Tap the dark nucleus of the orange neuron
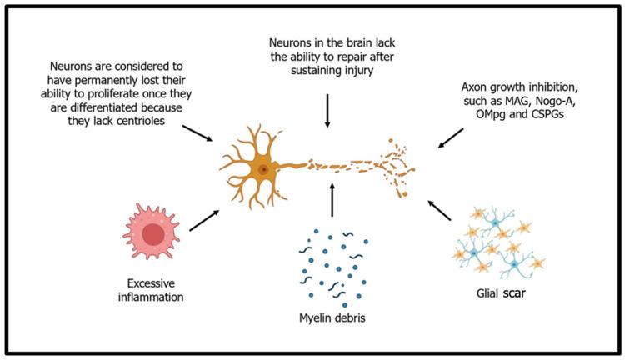point(263,169)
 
